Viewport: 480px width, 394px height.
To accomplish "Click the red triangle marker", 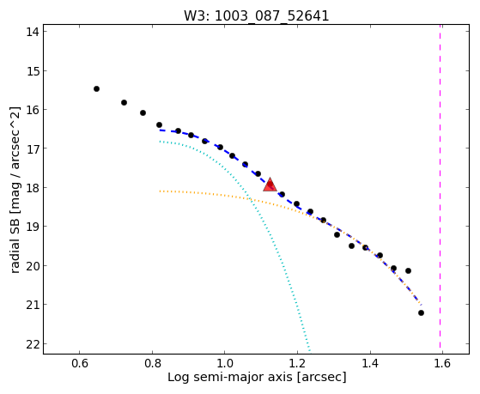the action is point(270,185).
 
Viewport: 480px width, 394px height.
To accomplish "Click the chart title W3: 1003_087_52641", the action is point(256,16).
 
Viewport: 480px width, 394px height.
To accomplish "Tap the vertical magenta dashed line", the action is point(441,189).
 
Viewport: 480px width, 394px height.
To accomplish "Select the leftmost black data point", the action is point(96,88).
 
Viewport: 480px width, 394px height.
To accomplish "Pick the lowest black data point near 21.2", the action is point(421,312).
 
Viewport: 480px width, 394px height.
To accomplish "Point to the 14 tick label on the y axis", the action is point(33,32).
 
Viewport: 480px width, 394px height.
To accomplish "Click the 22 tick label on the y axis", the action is point(33,344).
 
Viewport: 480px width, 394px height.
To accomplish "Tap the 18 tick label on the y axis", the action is point(33,187).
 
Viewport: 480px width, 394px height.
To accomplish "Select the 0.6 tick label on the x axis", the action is point(80,363).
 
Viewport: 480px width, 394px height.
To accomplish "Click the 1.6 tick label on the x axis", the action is point(442,363).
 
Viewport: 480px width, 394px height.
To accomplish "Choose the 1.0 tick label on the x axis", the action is point(225,363).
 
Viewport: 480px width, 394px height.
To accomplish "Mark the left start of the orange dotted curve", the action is point(160,191).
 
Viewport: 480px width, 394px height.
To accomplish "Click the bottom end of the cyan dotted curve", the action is point(310,351).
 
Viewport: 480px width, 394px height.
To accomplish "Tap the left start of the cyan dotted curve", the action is point(160,142).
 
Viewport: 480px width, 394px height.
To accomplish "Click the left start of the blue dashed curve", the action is point(160,130).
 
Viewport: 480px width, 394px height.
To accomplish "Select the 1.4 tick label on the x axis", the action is point(370,363).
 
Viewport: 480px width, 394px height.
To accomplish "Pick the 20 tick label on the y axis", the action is point(33,266).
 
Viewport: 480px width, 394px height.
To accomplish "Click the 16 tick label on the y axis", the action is point(33,109).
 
